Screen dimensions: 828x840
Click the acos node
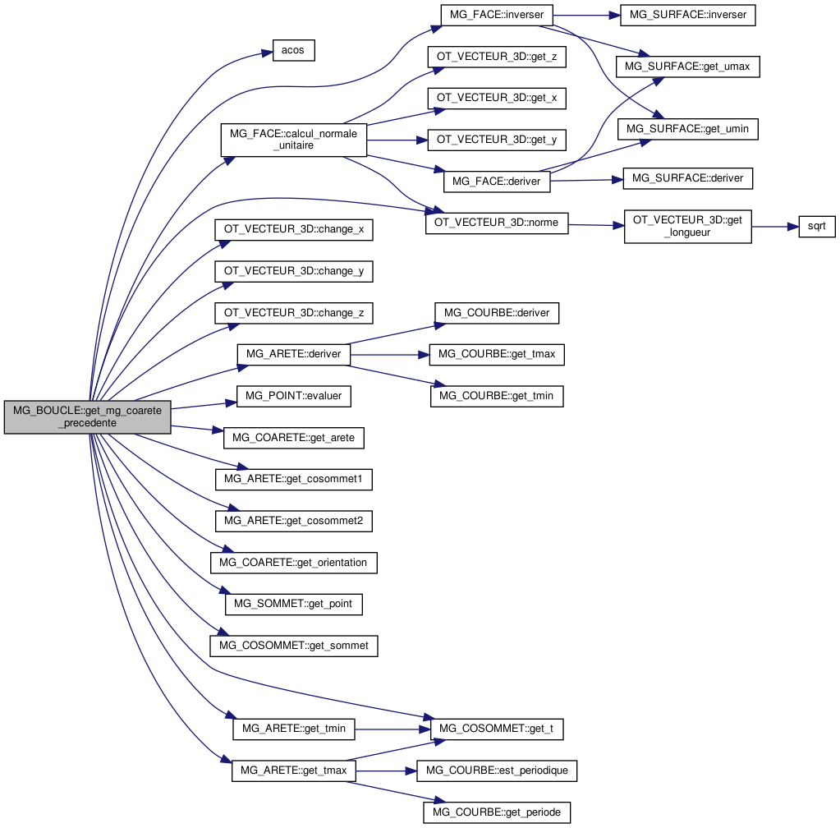click(292, 50)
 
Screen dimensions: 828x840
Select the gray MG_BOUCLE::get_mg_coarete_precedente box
click(87, 416)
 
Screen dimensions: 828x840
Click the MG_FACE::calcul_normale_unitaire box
click(293, 140)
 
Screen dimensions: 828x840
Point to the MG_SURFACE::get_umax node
click(688, 66)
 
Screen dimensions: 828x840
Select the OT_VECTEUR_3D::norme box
click(496, 223)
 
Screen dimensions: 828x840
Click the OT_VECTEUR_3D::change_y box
click(293, 270)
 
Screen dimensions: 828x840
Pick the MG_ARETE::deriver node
click(294, 354)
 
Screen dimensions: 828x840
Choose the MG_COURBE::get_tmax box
click(497, 354)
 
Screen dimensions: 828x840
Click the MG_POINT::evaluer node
click(294, 396)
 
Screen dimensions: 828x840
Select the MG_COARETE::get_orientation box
click(293, 563)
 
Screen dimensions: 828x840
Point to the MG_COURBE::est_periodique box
click(498, 770)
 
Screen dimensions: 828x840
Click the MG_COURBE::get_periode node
click(496, 812)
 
